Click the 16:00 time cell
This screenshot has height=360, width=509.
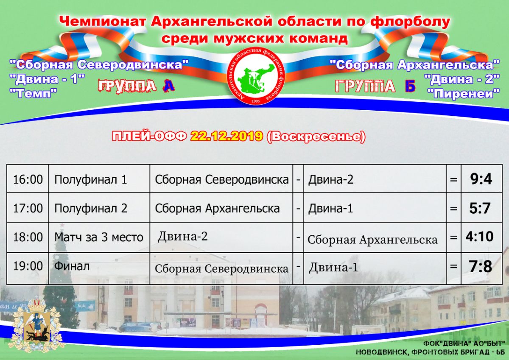tap(28, 179)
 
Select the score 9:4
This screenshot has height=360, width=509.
tap(481, 179)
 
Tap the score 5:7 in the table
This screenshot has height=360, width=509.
tap(480, 208)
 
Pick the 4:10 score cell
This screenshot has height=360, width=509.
tap(479, 237)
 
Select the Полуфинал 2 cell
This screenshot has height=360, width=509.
tap(91, 209)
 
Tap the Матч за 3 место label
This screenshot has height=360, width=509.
tap(98, 237)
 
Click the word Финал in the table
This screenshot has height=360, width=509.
tap(72, 266)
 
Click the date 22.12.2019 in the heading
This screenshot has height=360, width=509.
tap(227, 136)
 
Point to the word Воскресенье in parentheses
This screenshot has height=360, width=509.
tap(316, 137)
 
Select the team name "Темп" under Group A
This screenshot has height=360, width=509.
tap(33, 93)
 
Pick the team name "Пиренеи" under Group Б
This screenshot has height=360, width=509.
tap(463, 94)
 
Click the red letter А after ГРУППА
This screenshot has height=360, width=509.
tap(168, 86)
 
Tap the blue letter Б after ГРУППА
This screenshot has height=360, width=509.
tap(410, 87)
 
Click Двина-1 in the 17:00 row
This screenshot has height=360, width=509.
tap(330, 208)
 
